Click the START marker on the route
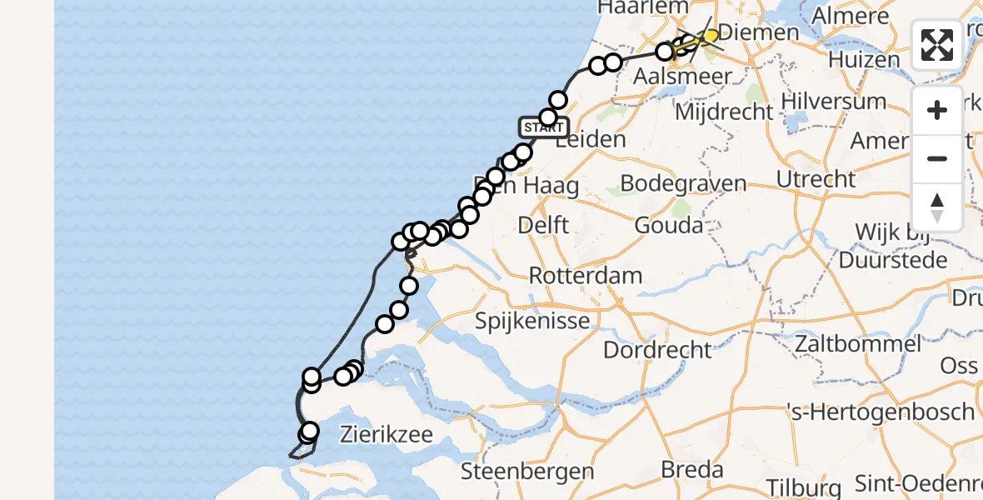[543, 127]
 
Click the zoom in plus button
[937, 111]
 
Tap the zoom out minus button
[937, 158]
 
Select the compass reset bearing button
[937, 207]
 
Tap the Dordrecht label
[657, 349]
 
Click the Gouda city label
[668, 225]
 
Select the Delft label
[543, 225]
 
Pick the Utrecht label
[816, 179]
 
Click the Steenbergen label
[527, 472]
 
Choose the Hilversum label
[839, 102]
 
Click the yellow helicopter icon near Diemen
[708, 36]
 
